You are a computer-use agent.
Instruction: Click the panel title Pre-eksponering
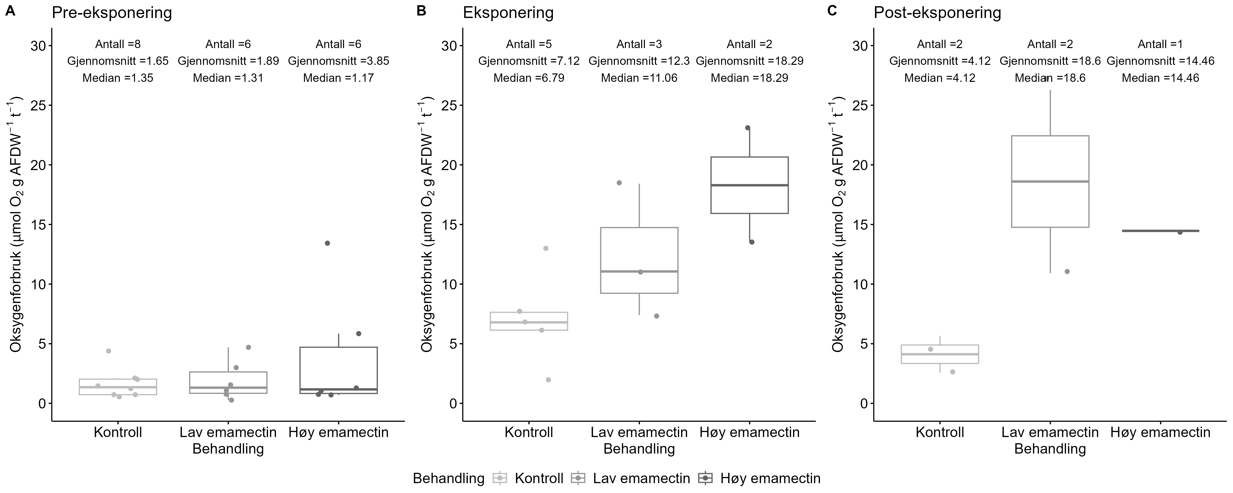click(111, 13)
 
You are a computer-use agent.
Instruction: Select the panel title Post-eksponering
click(937, 13)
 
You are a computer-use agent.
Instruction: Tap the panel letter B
click(421, 11)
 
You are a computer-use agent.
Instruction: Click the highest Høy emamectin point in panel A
click(327, 243)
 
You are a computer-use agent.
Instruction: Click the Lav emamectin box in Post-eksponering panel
click(1050, 181)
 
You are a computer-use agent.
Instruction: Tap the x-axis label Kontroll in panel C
click(940, 432)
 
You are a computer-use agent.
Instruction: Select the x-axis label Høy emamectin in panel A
click(338, 432)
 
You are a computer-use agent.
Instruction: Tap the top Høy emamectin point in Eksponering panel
click(748, 128)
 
